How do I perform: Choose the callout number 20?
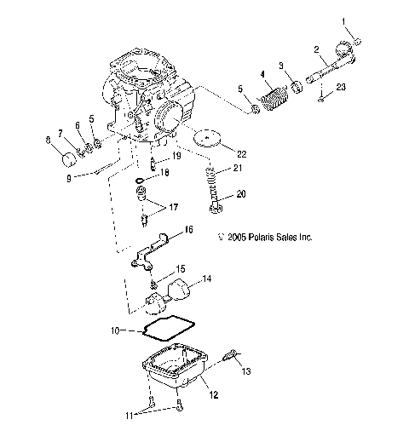240,217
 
